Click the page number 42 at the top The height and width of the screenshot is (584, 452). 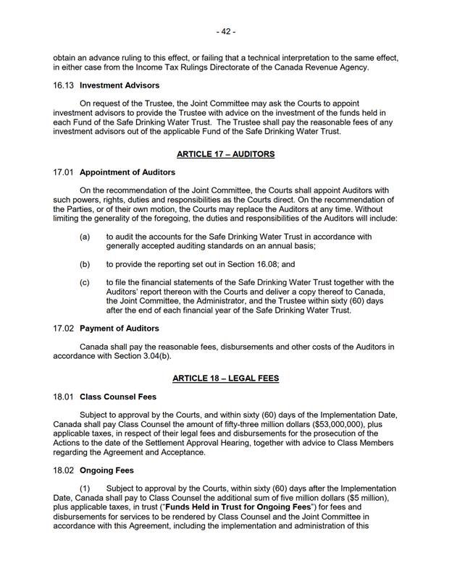pyautogui.click(x=225, y=32)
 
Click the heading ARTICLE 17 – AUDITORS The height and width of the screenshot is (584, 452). pyautogui.click(x=225, y=154)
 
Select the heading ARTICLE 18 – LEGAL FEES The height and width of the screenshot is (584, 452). pyautogui.click(x=225, y=378)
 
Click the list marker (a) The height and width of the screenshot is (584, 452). pyautogui.click(x=85, y=237)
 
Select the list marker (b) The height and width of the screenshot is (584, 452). pyautogui.click(x=85, y=264)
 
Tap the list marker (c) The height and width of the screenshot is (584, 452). pyautogui.click(x=85, y=282)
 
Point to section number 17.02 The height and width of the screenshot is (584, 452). pyautogui.click(x=64, y=329)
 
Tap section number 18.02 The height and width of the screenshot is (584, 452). pyautogui.click(x=64, y=470)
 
